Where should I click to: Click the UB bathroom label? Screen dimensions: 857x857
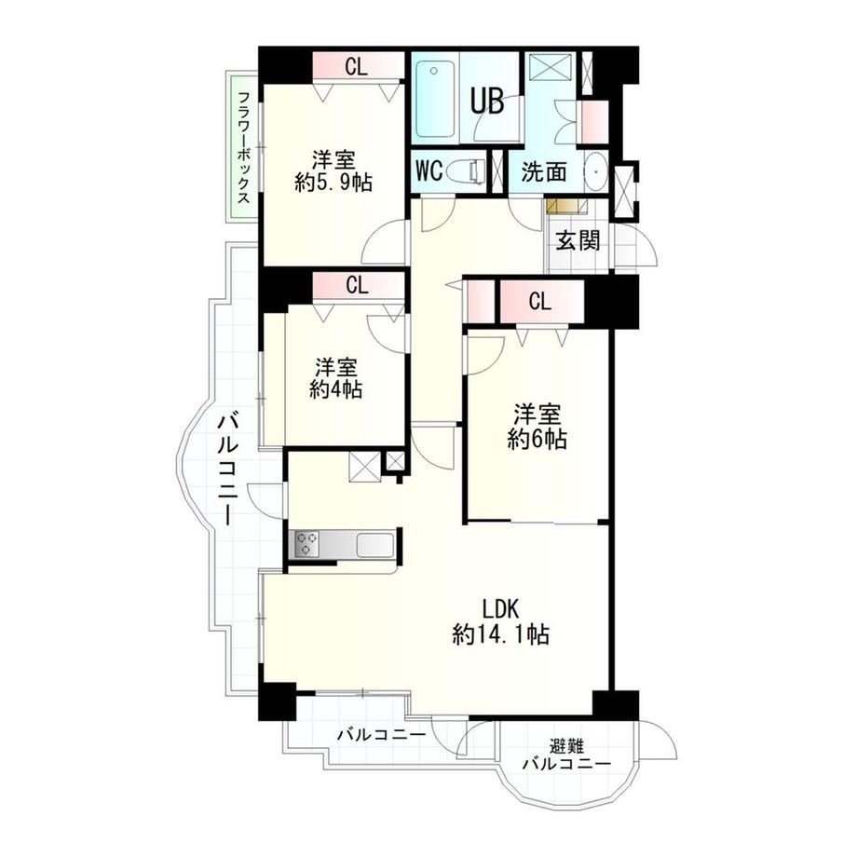pos(487,102)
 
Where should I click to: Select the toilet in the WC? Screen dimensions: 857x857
pos(466,171)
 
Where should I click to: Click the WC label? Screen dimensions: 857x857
pos(429,171)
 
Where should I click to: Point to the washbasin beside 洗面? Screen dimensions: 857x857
pos(595,170)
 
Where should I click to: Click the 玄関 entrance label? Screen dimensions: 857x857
pos(578,240)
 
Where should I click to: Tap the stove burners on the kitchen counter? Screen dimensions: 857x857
pos(306,544)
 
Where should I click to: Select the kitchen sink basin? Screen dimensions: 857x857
pos(374,545)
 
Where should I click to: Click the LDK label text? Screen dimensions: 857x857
pos(499,607)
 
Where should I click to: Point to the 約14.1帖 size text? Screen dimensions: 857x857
pos(500,634)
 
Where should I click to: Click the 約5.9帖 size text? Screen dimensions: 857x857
pos(333,183)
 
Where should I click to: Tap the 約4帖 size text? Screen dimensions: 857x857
pos(335,389)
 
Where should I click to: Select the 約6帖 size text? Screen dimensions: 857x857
pos(537,440)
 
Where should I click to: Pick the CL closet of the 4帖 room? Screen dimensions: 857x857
pos(358,285)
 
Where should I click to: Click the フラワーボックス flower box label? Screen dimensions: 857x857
pos(244,147)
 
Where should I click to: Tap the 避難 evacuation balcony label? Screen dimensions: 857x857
pos(566,745)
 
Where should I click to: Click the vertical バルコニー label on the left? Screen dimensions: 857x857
pos(227,469)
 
